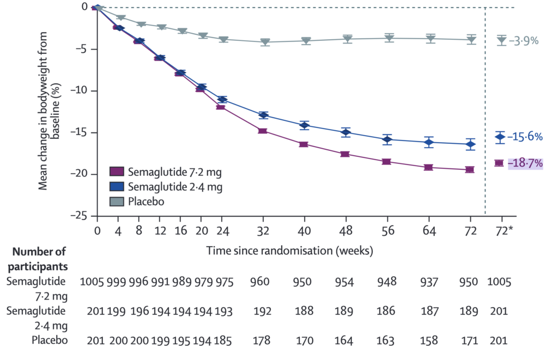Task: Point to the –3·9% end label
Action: pos(524,40)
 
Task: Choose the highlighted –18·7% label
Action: pos(525,162)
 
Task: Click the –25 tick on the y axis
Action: pos(80,216)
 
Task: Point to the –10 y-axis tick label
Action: pos(80,90)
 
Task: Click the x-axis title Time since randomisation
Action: pos(289,251)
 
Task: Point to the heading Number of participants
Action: pos(39,259)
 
